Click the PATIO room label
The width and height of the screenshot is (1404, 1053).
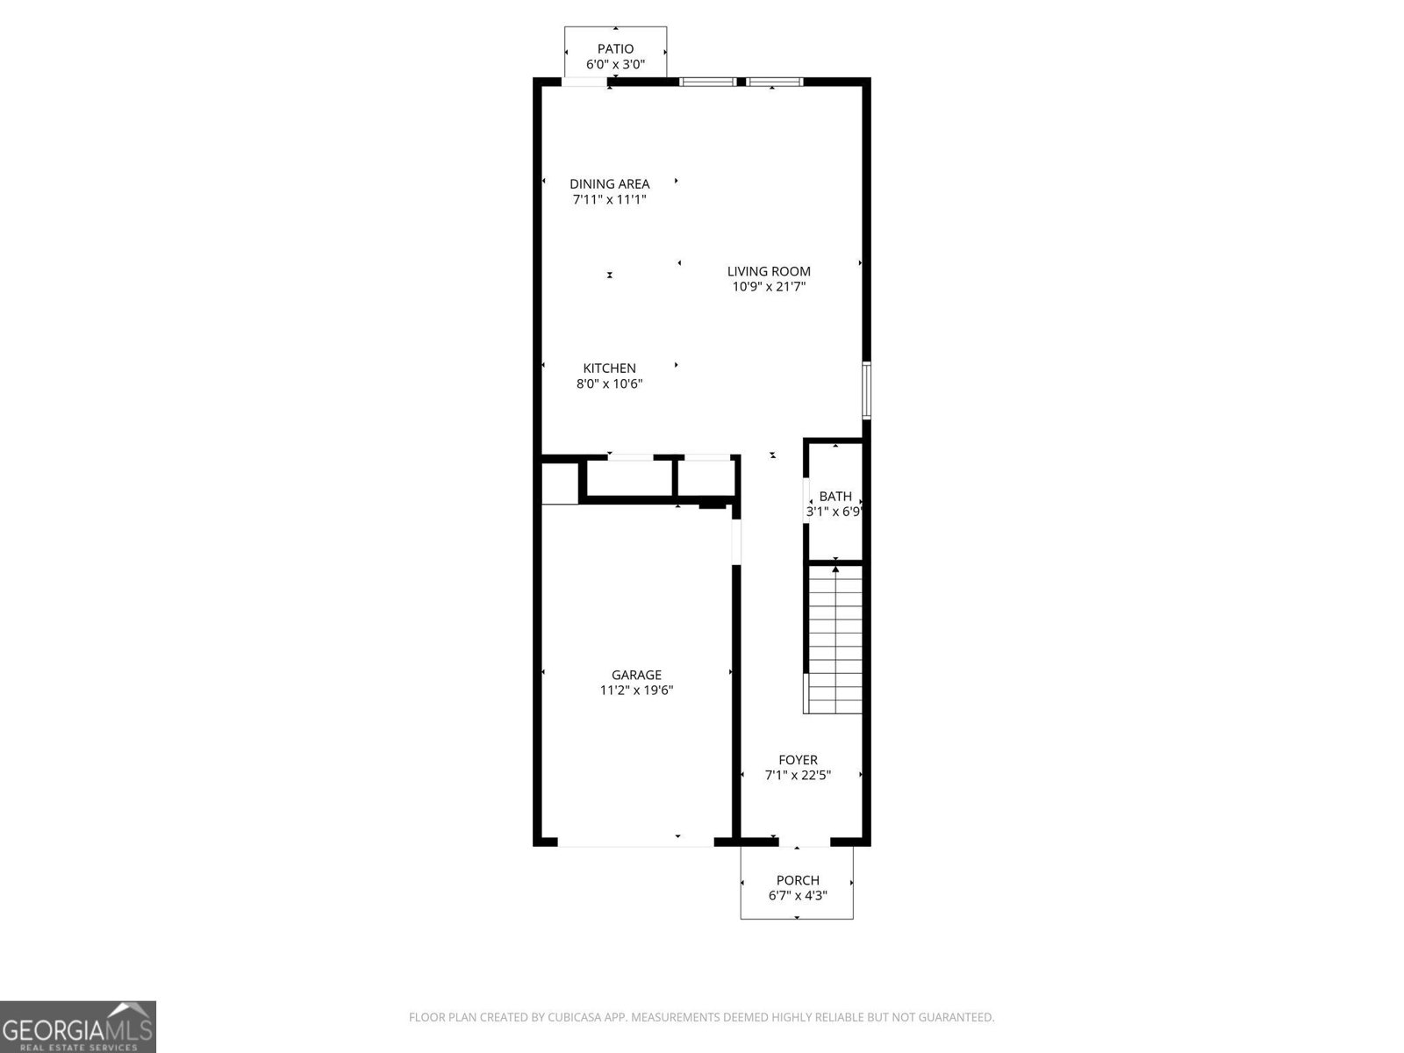coord(615,49)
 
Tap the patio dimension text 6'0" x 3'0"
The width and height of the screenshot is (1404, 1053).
coord(615,64)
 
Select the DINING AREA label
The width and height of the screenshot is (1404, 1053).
coord(610,184)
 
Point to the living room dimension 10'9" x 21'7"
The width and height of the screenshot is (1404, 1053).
coord(769,287)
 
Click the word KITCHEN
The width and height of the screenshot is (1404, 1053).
coord(610,369)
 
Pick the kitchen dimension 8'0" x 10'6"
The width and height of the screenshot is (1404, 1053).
coord(610,383)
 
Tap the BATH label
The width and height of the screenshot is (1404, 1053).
coord(835,497)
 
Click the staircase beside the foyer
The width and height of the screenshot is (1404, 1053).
coord(835,641)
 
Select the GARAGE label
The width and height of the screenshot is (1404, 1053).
coord(636,675)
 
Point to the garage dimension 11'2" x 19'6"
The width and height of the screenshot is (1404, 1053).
coord(636,691)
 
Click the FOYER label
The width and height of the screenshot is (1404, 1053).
coord(798,760)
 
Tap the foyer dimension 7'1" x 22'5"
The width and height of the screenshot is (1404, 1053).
coord(798,776)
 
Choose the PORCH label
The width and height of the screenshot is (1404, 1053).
coord(798,880)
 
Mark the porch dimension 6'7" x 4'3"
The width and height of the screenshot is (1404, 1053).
coord(798,896)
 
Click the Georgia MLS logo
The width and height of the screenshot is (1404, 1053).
coord(77,1027)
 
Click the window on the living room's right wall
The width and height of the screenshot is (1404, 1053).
coord(866,390)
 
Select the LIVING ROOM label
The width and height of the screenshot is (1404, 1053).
coord(769,272)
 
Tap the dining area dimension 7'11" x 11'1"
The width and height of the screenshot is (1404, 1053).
coord(610,199)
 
